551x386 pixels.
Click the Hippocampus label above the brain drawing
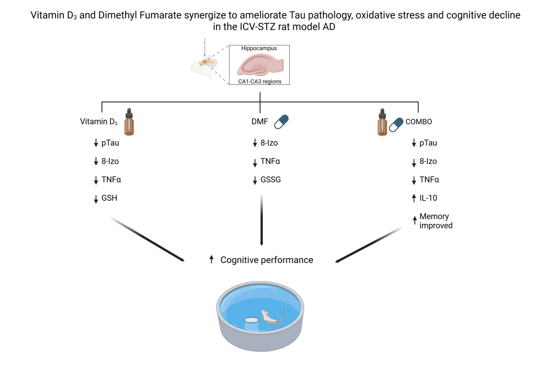(259, 49)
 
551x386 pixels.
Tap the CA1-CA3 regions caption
(259, 82)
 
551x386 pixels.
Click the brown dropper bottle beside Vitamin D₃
(129, 122)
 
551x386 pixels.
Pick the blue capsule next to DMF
(282, 121)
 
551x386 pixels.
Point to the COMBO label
(419, 122)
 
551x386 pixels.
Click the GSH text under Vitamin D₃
(110, 198)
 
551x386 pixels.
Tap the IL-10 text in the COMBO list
(429, 198)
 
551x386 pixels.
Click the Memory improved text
(435, 221)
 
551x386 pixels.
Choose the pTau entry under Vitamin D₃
(110, 143)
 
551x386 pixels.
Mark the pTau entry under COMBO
(428, 143)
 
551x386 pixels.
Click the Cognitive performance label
(267, 260)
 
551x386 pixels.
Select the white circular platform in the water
(252, 320)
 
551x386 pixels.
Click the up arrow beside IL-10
(414, 198)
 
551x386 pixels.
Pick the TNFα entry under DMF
(270, 162)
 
